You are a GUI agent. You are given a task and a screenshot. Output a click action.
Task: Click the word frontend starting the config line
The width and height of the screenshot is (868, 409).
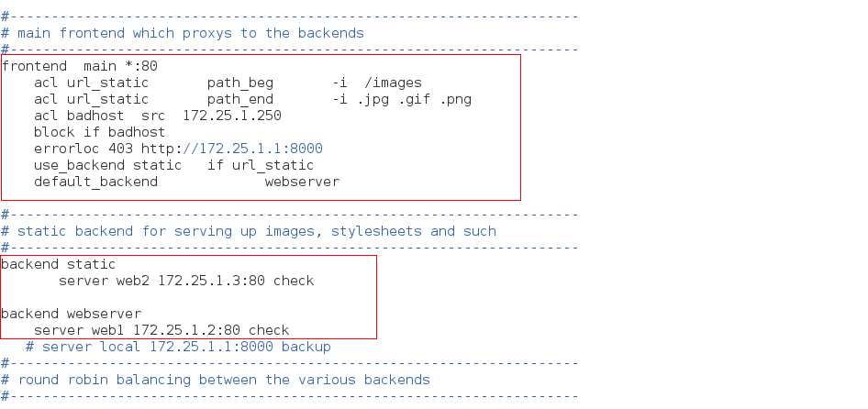34,66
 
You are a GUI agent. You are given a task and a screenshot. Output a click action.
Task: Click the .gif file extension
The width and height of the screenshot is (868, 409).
414,99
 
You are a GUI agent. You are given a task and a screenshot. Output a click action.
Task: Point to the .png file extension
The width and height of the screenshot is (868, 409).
455,99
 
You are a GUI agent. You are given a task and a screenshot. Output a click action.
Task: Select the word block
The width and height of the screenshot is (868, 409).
54,132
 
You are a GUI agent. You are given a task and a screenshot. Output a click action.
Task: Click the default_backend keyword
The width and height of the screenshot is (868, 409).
95,182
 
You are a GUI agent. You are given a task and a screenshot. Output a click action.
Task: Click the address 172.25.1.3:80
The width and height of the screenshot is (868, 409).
211,281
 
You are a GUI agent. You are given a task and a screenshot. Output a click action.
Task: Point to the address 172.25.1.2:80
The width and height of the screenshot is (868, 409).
186,330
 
